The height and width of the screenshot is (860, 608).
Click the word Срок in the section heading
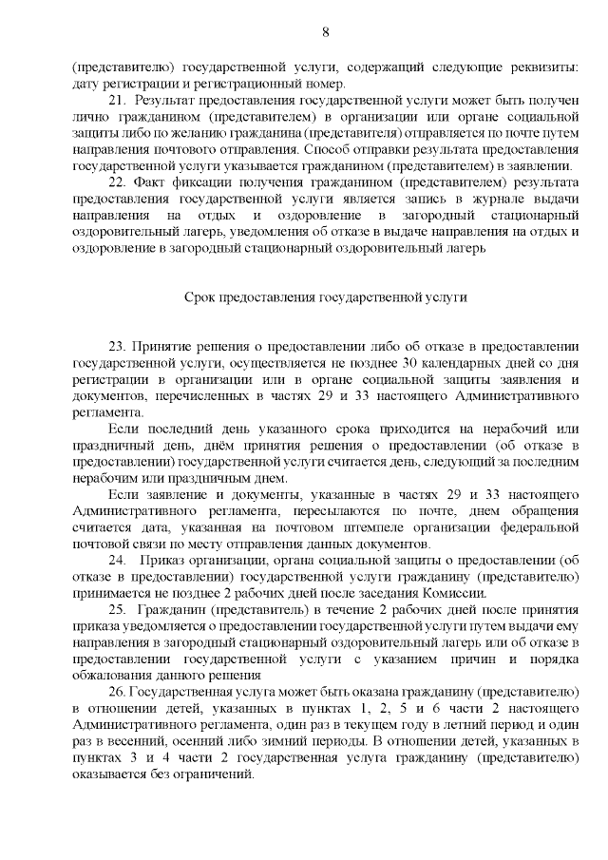point(200,296)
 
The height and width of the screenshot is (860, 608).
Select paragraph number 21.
point(118,101)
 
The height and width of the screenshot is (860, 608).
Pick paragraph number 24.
point(118,561)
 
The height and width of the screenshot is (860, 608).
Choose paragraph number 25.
point(118,608)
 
